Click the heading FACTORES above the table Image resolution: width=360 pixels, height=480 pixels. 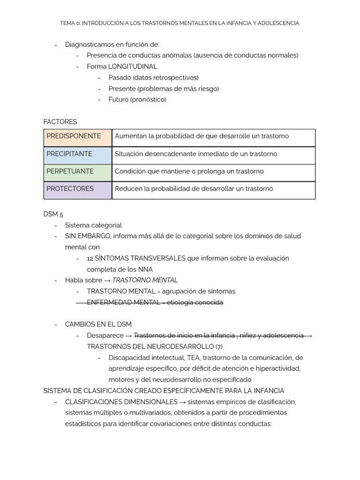pyautogui.click(x=60, y=122)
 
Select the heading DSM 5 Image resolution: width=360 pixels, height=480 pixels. pyautogui.click(x=53, y=214)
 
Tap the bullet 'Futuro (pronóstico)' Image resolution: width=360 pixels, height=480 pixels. pyautogui.click(x=137, y=99)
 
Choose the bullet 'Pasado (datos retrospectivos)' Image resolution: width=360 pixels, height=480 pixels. pyautogui.click(x=153, y=77)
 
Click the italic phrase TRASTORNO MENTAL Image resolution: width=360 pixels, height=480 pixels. pyautogui.click(x=145, y=280)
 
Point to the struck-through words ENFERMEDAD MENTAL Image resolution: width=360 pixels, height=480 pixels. pyautogui.click(x=124, y=302)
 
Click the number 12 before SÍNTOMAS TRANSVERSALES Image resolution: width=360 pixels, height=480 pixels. pyautogui.click(x=90, y=258)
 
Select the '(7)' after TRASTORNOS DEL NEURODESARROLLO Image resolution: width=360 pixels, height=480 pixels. pyautogui.click(x=218, y=346)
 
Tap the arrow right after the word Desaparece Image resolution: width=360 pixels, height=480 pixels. pyautogui.click(x=128, y=336)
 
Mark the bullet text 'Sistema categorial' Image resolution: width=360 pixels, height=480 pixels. pyautogui.click(x=93, y=225)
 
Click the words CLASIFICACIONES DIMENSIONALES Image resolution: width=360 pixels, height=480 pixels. pyautogui.click(x=121, y=402)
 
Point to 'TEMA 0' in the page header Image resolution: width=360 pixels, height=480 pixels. pyautogui.click(x=70, y=23)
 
